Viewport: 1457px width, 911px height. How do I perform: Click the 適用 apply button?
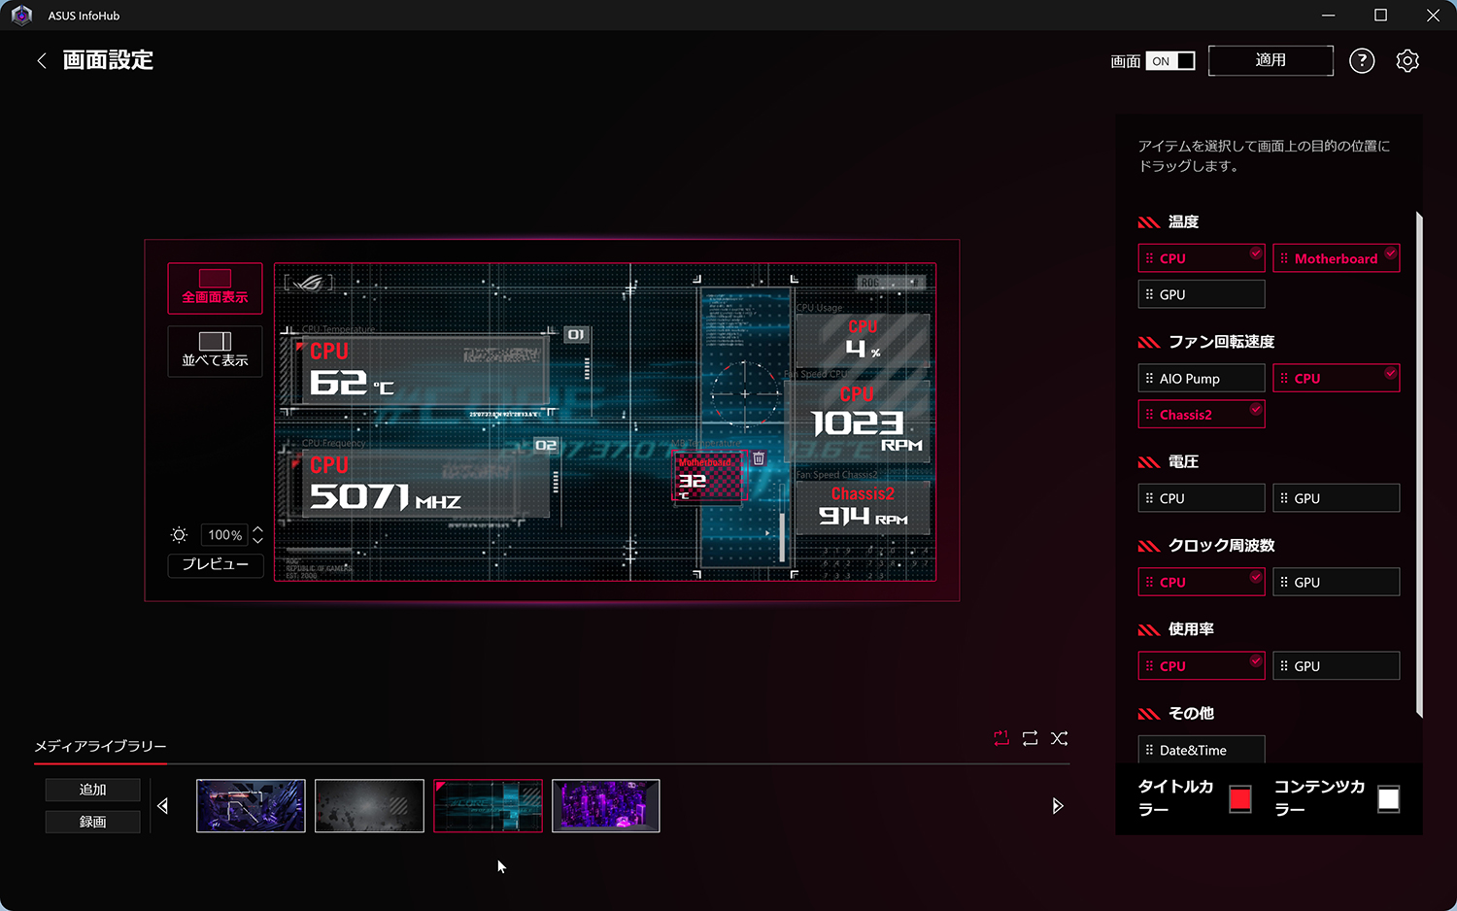[x=1271, y=60]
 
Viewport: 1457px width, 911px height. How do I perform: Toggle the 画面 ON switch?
[x=1170, y=61]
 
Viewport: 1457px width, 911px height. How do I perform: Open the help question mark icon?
[x=1362, y=61]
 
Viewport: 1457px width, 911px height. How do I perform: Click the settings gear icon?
[x=1407, y=61]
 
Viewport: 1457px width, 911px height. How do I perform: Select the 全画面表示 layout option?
[x=215, y=287]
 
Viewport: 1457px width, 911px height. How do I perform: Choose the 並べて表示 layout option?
[x=215, y=351]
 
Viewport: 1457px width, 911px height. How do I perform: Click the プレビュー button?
[x=216, y=564]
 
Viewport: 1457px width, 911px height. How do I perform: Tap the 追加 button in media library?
[x=93, y=790]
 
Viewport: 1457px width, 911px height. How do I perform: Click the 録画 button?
[x=93, y=822]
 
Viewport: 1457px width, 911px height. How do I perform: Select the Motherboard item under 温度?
[x=1336, y=258]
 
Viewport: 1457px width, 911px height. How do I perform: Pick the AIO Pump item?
[x=1202, y=379]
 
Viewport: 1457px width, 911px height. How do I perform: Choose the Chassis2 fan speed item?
[x=1202, y=415]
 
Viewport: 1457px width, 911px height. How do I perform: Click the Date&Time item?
[x=1202, y=750]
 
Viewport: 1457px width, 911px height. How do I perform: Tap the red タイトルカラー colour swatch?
[x=1240, y=799]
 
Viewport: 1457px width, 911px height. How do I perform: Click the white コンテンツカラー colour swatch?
[x=1389, y=799]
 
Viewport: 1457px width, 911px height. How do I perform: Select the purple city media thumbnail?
[x=606, y=806]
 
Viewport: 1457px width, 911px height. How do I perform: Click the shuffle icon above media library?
[x=1060, y=739]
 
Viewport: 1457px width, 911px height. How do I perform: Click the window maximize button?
[x=1380, y=16]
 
